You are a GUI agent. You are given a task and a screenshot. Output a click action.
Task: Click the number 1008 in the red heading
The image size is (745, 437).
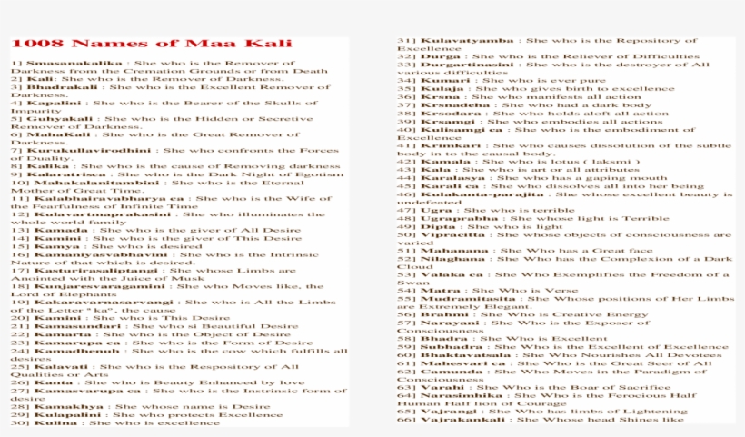click(x=37, y=43)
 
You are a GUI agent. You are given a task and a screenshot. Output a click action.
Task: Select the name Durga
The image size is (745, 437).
click(x=434, y=56)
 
